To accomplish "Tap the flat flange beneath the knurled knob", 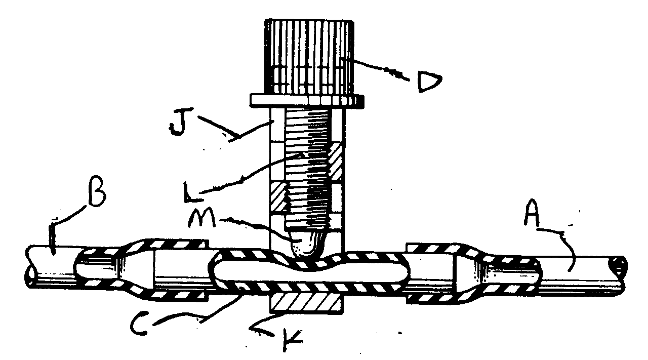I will pyautogui.click(x=307, y=100).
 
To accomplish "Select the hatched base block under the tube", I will pyautogui.click(x=307, y=302).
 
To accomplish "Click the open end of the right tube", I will pyautogui.click(x=620, y=266).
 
